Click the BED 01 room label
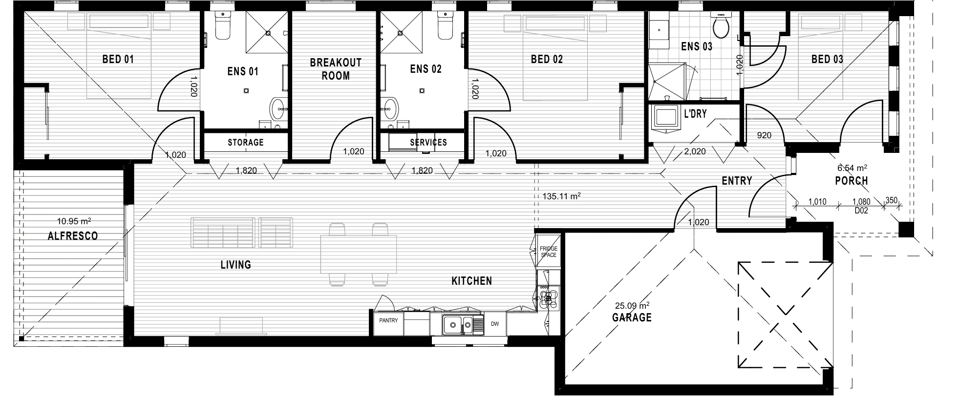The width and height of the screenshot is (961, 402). point(118,59)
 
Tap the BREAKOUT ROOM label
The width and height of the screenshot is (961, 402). point(336,69)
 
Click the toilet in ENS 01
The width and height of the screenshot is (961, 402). point(222,25)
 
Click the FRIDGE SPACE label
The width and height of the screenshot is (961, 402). point(549,252)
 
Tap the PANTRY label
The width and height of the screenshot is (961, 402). point(389,320)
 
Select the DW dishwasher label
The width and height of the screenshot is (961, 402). point(495,323)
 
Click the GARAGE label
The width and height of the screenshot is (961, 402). point(632,317)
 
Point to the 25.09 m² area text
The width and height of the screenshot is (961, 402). point(632,306)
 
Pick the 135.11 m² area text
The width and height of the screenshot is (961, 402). point(561,196)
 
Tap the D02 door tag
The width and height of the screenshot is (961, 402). point(861,211)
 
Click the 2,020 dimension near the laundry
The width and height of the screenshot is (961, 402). point(695,151)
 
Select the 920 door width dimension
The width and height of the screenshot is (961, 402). point(764,135)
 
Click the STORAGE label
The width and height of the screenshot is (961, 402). point(246,142)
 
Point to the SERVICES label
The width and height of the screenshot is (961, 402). point(428,142)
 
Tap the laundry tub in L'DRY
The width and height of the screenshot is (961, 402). point(666,119)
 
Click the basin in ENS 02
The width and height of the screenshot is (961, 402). point(390,108)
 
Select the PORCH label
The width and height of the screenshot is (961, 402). point(852,181)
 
